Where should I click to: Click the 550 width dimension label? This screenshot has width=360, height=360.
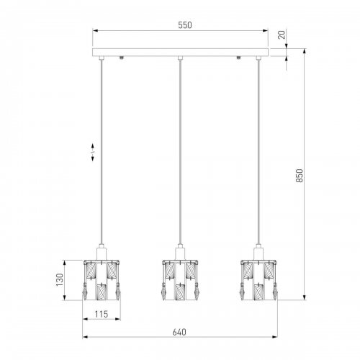point(185,25)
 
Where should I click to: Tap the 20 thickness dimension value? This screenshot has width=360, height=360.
point(282,35)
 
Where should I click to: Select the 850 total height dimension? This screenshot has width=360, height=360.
point(300,176)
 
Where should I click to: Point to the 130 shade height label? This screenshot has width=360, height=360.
point(59,279)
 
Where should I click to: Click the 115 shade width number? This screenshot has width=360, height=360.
point(102,314)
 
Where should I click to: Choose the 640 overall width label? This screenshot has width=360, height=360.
point(179,332)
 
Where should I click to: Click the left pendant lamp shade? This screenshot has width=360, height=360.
point(102,280)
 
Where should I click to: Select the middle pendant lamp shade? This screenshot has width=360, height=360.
point(180,280)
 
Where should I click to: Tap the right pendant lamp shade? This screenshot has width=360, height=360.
point(258,280)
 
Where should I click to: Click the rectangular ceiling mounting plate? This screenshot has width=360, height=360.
point(180,52)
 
